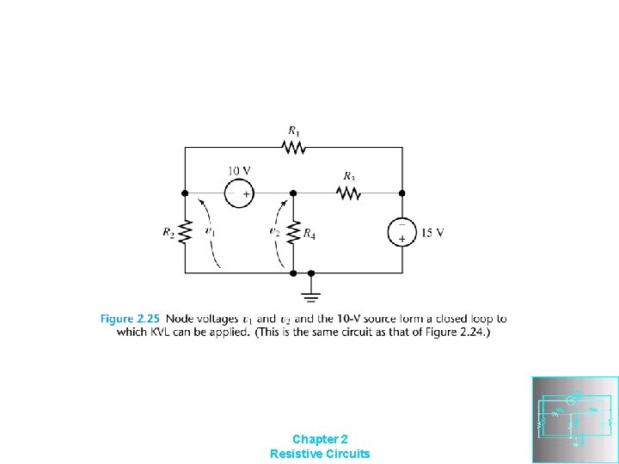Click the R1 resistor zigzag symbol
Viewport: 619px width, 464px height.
294,148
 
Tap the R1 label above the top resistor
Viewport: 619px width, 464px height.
294,131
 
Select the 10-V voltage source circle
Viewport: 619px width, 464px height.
239,193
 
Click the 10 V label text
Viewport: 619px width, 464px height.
239,170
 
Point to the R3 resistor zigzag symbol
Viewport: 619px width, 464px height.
349,193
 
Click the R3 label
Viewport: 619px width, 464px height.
349,177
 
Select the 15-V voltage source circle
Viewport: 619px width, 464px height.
401,232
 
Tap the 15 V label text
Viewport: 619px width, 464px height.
432,232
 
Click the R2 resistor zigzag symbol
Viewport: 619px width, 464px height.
185,232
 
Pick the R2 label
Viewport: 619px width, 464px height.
168,232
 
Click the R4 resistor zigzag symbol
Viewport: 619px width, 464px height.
294,232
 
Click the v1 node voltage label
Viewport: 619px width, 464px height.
210,231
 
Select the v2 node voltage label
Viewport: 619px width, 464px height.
274,231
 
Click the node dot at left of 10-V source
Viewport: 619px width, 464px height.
185,193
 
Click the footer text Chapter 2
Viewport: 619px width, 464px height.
320,438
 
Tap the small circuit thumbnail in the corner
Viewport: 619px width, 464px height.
575,419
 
